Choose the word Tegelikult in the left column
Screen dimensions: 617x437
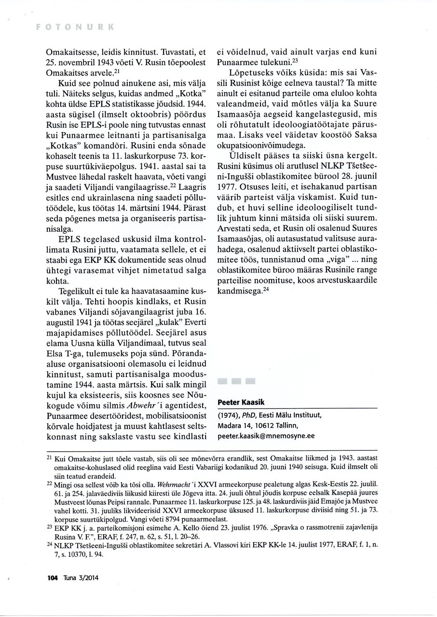(77, 293)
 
